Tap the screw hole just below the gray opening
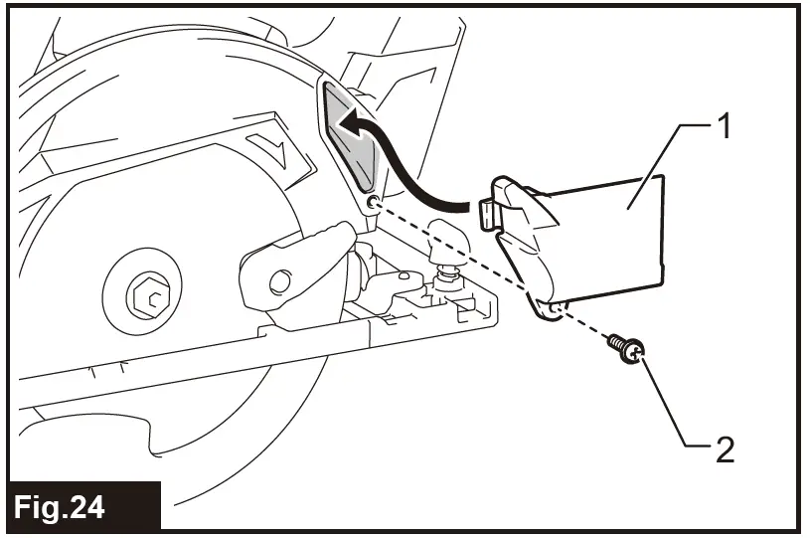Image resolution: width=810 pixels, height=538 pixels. [372, 204]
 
